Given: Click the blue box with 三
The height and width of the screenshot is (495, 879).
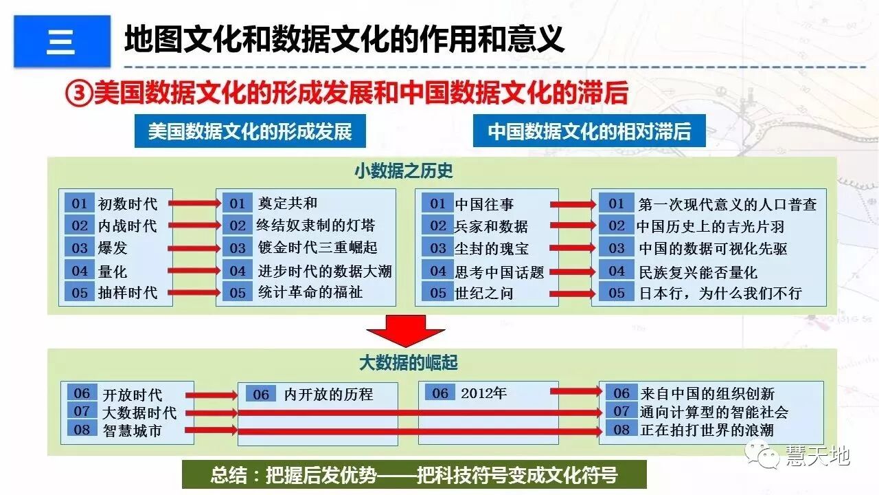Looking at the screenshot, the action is click(62, 41).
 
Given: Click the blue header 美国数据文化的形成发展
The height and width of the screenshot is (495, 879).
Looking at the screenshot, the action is click(250, 131).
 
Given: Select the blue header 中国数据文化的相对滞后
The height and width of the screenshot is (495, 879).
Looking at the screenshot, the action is click(589, 131).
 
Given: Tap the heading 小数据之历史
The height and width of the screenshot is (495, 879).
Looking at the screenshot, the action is click(404, 170).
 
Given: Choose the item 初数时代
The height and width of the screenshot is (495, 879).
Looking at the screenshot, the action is click(128, 204).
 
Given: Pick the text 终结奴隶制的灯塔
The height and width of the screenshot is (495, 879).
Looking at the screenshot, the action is click(316, 225).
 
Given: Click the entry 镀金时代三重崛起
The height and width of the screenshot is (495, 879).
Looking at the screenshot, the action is click(317, 247).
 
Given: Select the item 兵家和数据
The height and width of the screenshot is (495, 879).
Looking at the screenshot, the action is click(491, 226).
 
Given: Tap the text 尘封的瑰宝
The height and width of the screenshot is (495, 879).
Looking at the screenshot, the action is click(491, 248).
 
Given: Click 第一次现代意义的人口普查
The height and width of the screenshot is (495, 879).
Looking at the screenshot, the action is click(727, 204).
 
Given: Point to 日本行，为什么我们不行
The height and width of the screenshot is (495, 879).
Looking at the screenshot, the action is click(720, 294).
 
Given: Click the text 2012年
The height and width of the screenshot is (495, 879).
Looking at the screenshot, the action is click(483, 393).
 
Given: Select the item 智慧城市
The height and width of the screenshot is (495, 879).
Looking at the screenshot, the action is click(133, 431).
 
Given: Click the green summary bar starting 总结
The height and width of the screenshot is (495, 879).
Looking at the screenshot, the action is click(414, 475).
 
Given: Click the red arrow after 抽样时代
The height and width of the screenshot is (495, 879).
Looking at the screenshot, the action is click(194, 293).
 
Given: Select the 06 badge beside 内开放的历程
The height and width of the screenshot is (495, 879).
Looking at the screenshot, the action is click(261, 395).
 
